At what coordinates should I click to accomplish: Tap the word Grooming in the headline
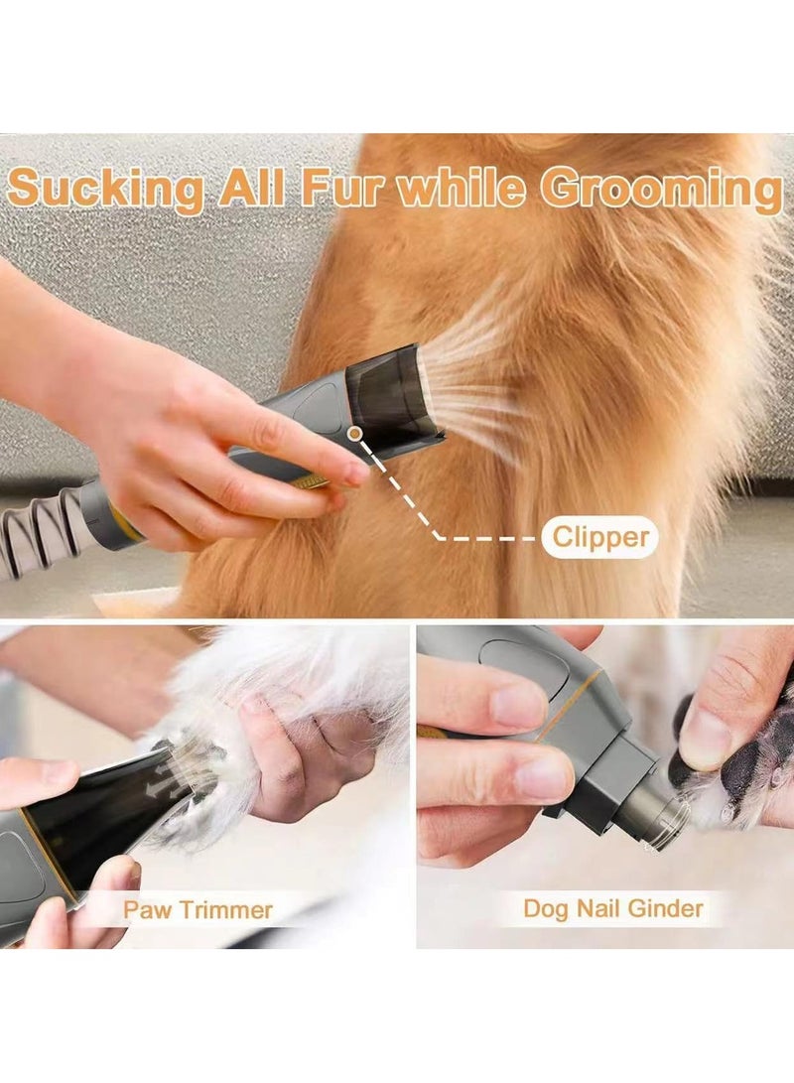pyautogui.click(x=661, y=189)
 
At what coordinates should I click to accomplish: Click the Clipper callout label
pyautogui.click(x=600, y=538)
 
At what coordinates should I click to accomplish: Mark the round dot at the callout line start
pyautogui.click(x=354, y=433)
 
